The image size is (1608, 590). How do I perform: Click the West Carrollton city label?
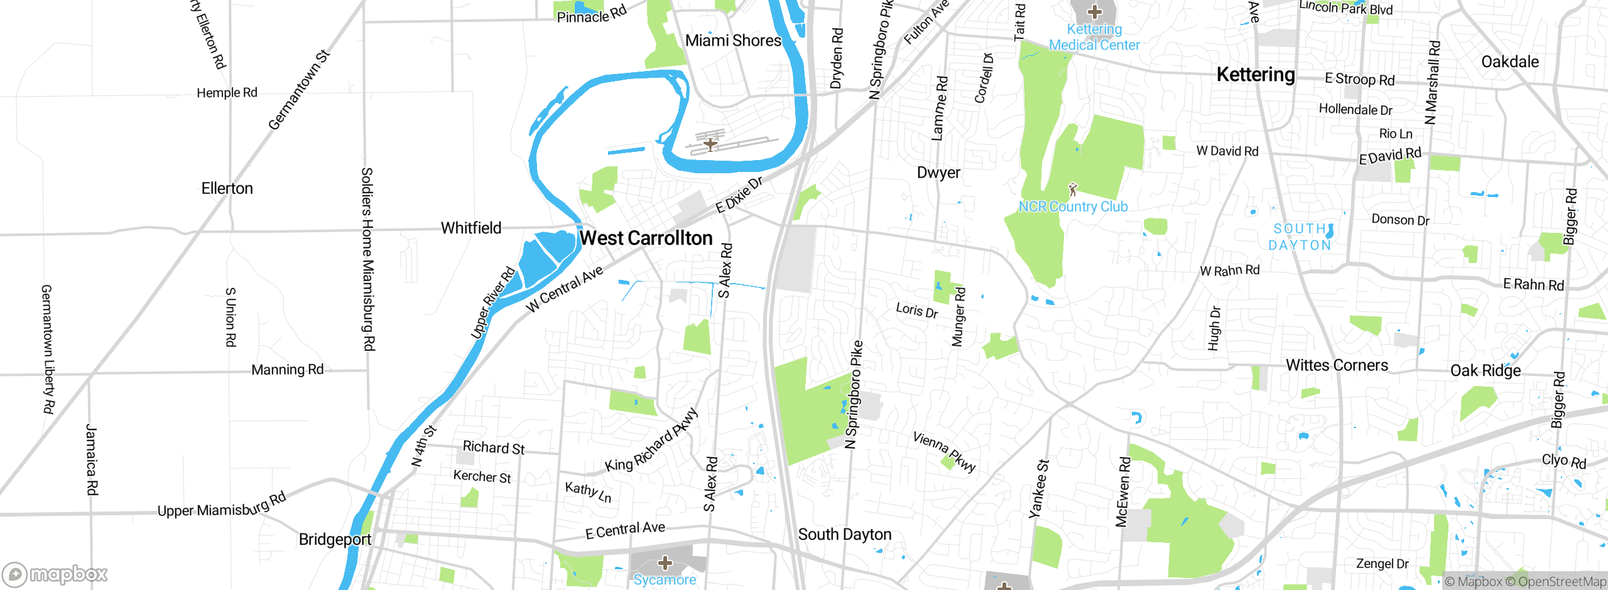[646, 239]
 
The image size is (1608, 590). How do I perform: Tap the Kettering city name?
[1255, 75]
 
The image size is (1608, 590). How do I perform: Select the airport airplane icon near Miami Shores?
[710, 144]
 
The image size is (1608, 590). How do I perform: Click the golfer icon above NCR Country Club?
[1073, 188]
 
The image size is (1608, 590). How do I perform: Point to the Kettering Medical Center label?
[1094, 37]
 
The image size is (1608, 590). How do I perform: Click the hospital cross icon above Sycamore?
[665, 562]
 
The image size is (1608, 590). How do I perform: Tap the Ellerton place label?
[227, 188]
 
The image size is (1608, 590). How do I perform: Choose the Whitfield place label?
[471, 228]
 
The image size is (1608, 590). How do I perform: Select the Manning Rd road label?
[287, 370]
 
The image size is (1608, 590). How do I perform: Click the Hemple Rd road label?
[227, 93]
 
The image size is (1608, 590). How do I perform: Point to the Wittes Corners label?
[1337, 365]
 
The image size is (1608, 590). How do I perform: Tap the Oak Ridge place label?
[1485, 370]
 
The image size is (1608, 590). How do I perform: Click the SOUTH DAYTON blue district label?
[1300, 237]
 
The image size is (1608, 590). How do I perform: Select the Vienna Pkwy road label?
[944, 452]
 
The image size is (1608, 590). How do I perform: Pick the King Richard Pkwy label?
[651, 441]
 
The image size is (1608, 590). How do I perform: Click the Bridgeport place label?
[335, 539]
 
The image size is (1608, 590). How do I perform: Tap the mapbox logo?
[55, 574]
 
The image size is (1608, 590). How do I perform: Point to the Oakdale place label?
[1509, 62]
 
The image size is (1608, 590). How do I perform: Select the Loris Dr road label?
[916, 310]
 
